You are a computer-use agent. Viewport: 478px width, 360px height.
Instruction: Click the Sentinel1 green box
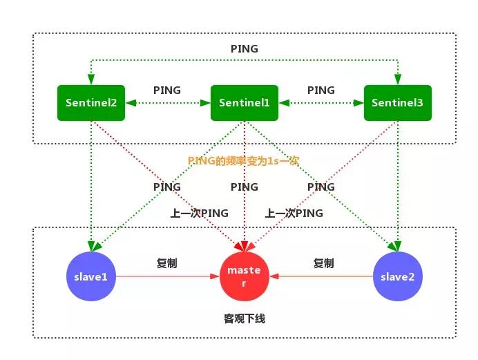244,103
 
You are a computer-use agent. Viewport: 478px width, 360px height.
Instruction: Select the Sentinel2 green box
91,103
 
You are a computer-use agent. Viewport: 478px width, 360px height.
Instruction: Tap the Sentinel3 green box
397,103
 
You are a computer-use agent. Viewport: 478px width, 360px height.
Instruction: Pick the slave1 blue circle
90,277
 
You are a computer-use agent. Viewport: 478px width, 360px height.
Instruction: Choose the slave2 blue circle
397,277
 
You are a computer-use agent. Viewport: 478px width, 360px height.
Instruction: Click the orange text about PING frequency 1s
243,160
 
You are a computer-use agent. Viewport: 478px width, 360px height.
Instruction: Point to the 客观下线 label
244,319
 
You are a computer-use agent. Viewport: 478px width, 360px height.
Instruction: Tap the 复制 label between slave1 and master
167,263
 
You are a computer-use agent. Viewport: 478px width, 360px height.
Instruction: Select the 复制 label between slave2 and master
323,263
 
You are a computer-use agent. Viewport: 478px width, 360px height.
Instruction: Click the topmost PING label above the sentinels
244,49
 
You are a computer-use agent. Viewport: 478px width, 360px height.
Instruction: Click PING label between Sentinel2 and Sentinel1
167,91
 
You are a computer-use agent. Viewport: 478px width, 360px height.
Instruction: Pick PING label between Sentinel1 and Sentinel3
321,91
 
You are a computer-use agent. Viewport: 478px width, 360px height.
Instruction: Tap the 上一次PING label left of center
199,213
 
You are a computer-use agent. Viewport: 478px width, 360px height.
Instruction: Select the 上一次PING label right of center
294,213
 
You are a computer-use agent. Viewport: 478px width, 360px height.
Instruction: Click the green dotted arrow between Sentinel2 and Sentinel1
167,104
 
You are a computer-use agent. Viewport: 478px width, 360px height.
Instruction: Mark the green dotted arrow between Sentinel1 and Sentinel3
321,104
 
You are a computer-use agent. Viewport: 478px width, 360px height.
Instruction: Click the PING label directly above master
244,187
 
